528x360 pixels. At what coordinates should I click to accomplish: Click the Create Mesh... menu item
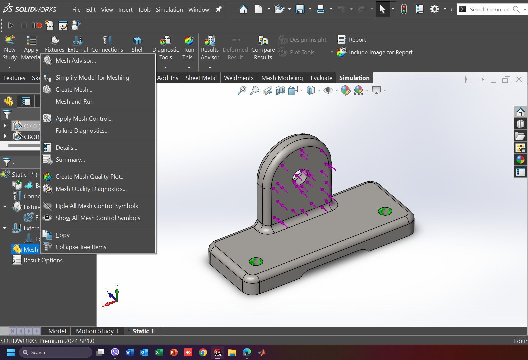coord(74,90)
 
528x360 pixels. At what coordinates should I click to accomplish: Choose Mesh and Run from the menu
coord(74,102)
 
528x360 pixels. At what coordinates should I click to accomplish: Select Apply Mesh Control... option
coord(84,119)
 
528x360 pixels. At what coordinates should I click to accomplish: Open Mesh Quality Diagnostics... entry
coord(91,189)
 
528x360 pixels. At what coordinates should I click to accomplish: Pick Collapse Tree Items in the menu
coord(81,247)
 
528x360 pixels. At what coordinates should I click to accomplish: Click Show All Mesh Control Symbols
coord(98,218)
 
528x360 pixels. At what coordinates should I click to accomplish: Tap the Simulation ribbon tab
coord(354,78)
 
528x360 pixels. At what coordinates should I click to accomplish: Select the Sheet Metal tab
coord(201,78)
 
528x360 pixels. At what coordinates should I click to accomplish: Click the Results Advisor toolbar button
coord(210,49)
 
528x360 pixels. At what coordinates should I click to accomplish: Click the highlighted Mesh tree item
coord(30,249)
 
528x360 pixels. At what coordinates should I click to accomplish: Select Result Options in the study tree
coord(43,260)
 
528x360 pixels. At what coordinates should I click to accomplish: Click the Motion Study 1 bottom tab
coord(97,331)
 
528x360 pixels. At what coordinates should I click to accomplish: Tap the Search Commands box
coord(489,9)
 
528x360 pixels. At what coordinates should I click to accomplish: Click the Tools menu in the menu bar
coord(144,10)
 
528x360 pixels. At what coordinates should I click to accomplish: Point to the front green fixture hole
coord(256,261)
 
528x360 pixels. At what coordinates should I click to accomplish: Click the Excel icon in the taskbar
coord(159,352)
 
